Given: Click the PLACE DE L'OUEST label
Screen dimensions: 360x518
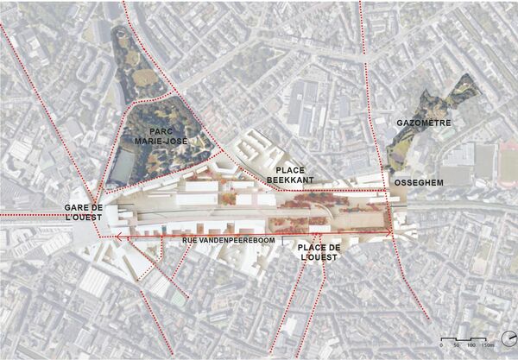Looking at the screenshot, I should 318,253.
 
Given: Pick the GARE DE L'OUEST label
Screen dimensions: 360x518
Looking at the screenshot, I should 84,213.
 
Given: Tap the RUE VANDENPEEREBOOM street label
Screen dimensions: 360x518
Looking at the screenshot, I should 226,238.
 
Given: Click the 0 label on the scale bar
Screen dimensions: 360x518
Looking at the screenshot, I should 441,345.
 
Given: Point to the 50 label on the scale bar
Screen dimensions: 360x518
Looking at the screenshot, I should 456,345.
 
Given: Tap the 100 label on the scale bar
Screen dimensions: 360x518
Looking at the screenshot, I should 471,345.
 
